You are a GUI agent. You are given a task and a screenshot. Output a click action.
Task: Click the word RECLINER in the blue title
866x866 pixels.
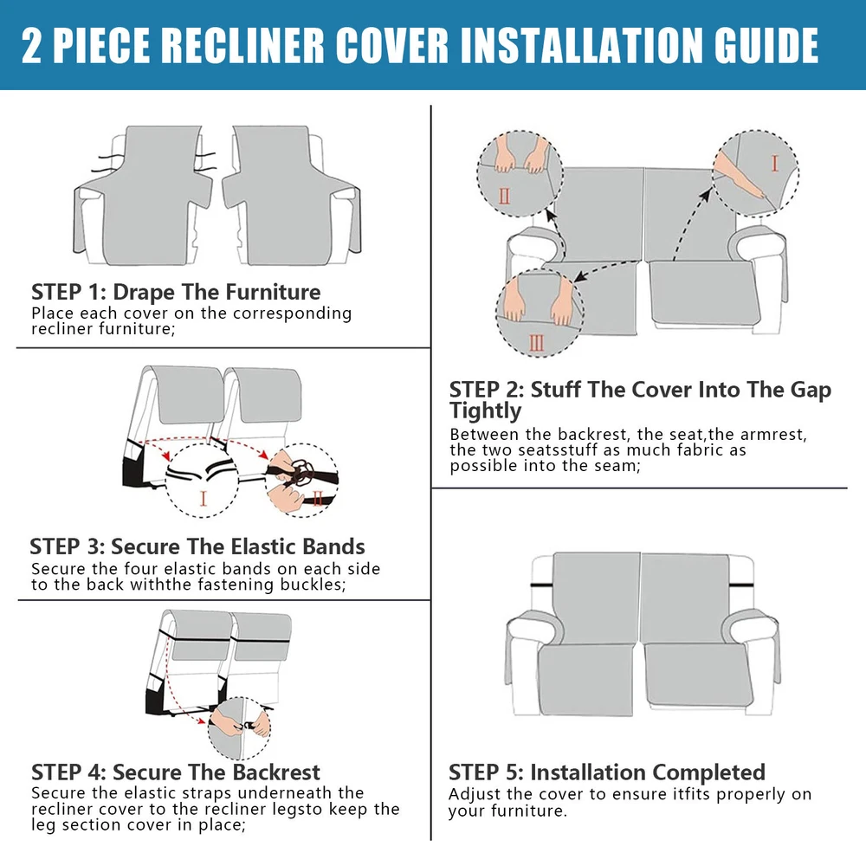point(243,45)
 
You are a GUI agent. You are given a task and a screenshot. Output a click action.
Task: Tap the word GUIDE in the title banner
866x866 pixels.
point(766,45)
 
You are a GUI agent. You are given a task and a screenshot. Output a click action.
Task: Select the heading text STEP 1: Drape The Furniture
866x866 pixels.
point(176,292)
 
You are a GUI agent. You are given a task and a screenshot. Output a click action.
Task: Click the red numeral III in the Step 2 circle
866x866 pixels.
point(536,343)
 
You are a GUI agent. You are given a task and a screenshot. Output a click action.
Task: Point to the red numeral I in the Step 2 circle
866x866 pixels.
point(774,164)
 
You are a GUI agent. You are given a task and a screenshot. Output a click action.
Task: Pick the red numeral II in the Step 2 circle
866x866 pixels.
point(504,196)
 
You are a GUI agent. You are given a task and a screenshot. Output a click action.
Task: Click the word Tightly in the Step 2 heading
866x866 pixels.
point(485,410)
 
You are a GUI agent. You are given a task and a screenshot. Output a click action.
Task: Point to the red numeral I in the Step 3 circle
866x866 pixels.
point(204,499)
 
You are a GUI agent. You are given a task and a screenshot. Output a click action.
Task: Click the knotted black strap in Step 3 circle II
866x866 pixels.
point(301,473)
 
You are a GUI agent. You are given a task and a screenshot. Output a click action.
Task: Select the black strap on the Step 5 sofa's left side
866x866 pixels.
point(542,585)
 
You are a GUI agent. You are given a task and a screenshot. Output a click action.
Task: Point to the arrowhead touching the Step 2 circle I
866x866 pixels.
point(706,194)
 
